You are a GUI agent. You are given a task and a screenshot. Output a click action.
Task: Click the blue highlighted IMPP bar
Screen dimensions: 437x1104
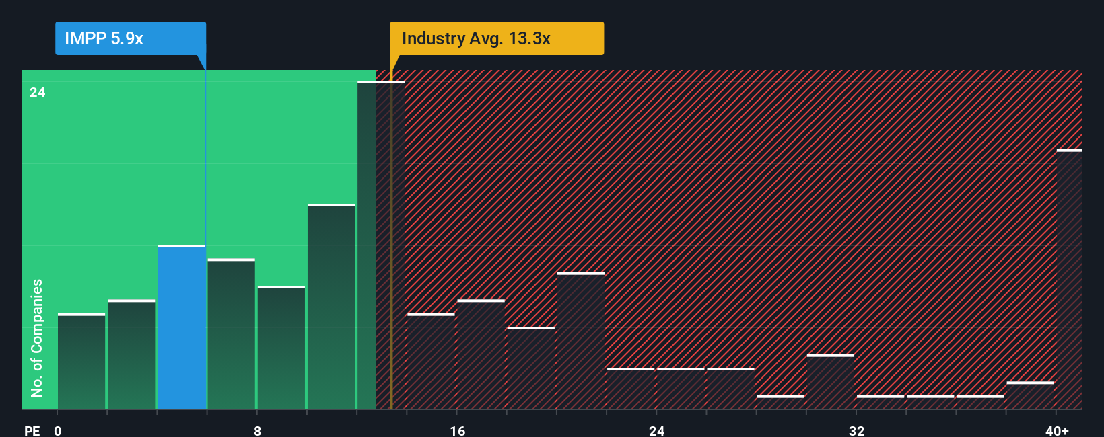[181, 327]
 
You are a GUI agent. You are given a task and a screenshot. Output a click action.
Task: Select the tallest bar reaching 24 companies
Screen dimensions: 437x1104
[381, 245]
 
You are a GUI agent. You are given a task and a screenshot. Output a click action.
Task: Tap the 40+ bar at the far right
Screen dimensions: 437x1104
[1069, 279]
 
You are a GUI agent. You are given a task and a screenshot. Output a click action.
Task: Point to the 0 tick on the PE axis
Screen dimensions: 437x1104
[58, 430]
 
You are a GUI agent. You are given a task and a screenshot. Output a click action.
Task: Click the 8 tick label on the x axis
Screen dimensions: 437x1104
[257, 430]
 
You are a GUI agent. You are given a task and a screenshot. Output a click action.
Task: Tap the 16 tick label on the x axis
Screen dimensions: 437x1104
[457, 430]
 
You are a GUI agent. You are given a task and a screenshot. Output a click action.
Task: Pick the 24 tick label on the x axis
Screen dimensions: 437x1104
[656, 430]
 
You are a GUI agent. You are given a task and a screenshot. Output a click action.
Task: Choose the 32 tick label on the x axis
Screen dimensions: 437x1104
[856, 430]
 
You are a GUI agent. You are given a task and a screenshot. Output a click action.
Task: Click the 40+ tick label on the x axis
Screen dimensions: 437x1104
[1057, 430]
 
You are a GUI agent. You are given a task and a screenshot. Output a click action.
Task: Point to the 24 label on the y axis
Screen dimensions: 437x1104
[38, 92]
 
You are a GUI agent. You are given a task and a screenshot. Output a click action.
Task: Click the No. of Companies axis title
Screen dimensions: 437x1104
[37, 337]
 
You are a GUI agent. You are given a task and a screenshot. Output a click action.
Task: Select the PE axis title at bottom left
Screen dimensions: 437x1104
[32, 430]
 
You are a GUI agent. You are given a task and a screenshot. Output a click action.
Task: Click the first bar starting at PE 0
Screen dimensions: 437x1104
[81, 361]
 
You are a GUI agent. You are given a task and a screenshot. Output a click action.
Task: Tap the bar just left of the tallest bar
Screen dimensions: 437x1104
[331, 307]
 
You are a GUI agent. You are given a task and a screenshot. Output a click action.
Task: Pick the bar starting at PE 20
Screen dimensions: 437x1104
[581, 341]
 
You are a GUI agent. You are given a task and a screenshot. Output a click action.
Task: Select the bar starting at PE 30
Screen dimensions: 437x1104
[831, 382]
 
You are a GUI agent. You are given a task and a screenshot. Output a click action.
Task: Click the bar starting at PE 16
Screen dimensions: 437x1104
[481, 354]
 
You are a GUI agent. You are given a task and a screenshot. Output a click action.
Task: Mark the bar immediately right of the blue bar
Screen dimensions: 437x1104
[232, 334]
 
